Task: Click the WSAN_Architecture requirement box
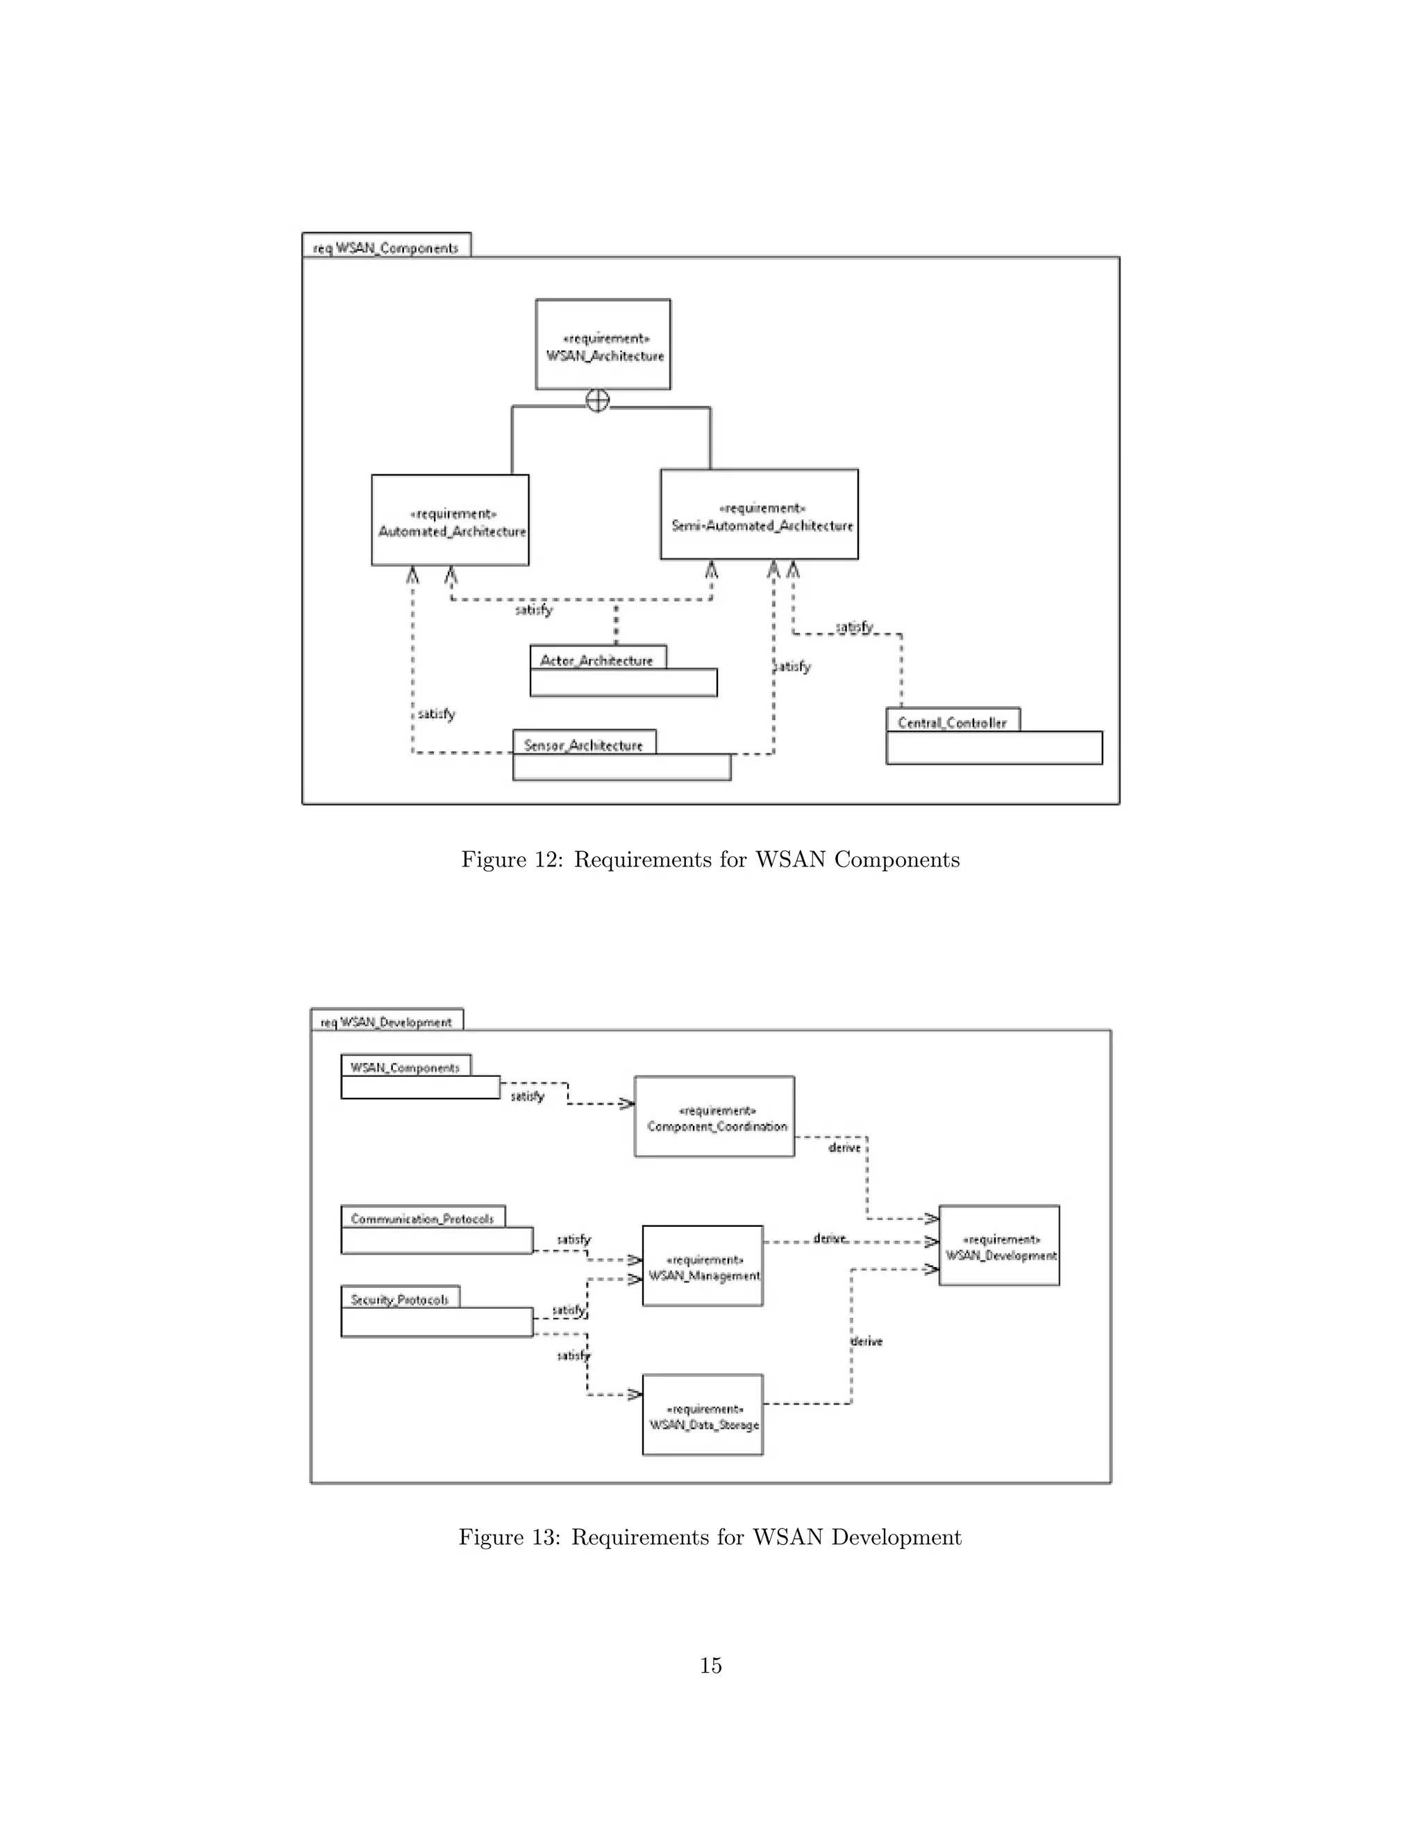coord(603,344)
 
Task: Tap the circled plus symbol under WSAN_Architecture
coord(597,401)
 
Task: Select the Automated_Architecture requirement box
coord(451,521)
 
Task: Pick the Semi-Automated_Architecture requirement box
coord(759,515)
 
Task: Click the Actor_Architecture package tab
coord(597,660)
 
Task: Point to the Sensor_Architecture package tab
coord(584,744)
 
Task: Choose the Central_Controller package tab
coord(952,721)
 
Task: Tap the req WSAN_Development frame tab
coord(387,1021)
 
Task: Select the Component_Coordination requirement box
coord(714,1117)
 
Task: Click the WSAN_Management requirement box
coord(703,1266)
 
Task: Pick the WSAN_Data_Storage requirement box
coord(703,1415)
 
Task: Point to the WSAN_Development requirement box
coord(999,1246)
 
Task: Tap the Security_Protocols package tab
coord(400,1298)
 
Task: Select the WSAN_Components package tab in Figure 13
coord(405,1067)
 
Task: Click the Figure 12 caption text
coord(710,860)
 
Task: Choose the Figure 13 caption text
coord(710,1537)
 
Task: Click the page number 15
coord(710,1665)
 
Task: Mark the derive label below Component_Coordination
coord(845,1148)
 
